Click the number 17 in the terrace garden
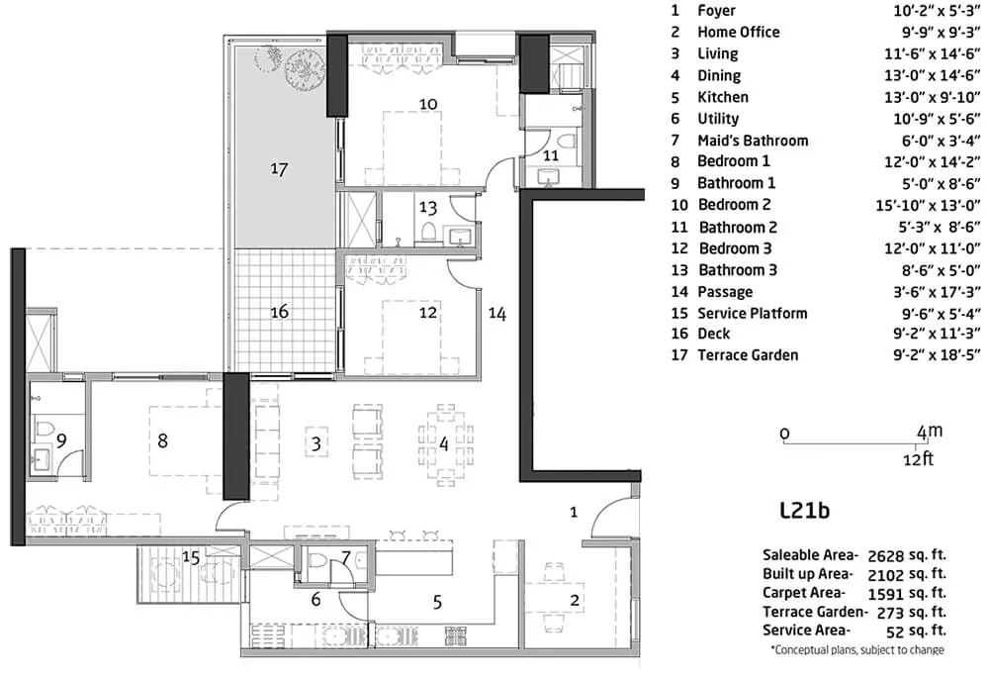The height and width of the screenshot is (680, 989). coord(280,169)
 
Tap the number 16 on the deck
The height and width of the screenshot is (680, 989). coord(280,311)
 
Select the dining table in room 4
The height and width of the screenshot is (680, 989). coord(445,443)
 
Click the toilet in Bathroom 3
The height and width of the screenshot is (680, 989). coord(429,232)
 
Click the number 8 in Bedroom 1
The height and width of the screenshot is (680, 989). coord(163,440)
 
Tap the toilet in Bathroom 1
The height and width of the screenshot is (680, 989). coord(43,430)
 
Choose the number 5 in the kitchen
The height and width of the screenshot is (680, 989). coord(438,603)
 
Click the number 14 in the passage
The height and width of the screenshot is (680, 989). coord(497,314)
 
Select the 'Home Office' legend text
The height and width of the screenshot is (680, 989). coord(738,33)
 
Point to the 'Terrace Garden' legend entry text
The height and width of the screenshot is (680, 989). coord(748,355)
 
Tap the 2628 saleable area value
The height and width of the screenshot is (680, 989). coord(886,556)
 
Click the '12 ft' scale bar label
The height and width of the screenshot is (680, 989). coord(919,459)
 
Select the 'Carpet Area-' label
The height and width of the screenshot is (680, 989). coord(803,593)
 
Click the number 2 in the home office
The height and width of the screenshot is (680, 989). coord(574,600)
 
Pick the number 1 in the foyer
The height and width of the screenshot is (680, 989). coord(574,512)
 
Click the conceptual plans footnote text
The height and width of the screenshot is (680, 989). coord(857,649)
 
